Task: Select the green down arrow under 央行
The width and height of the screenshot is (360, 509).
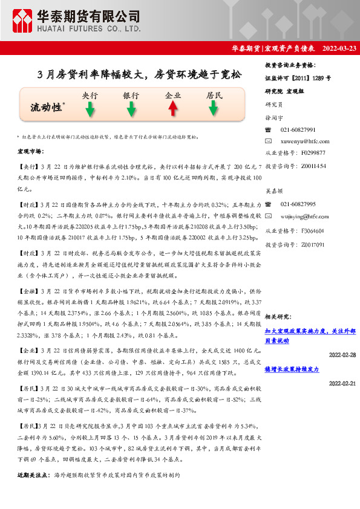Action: [x=90, y=109]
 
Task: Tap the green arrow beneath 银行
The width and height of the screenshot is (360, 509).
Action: [x=131, y=109]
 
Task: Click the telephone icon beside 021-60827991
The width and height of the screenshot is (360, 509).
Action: [x=269, y=130]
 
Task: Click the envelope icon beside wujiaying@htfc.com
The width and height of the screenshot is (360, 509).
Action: [x=269, y=216]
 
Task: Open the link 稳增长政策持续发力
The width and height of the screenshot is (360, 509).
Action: [x=292, y=369]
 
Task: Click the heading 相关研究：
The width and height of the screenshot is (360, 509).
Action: [x=279, y=316]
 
